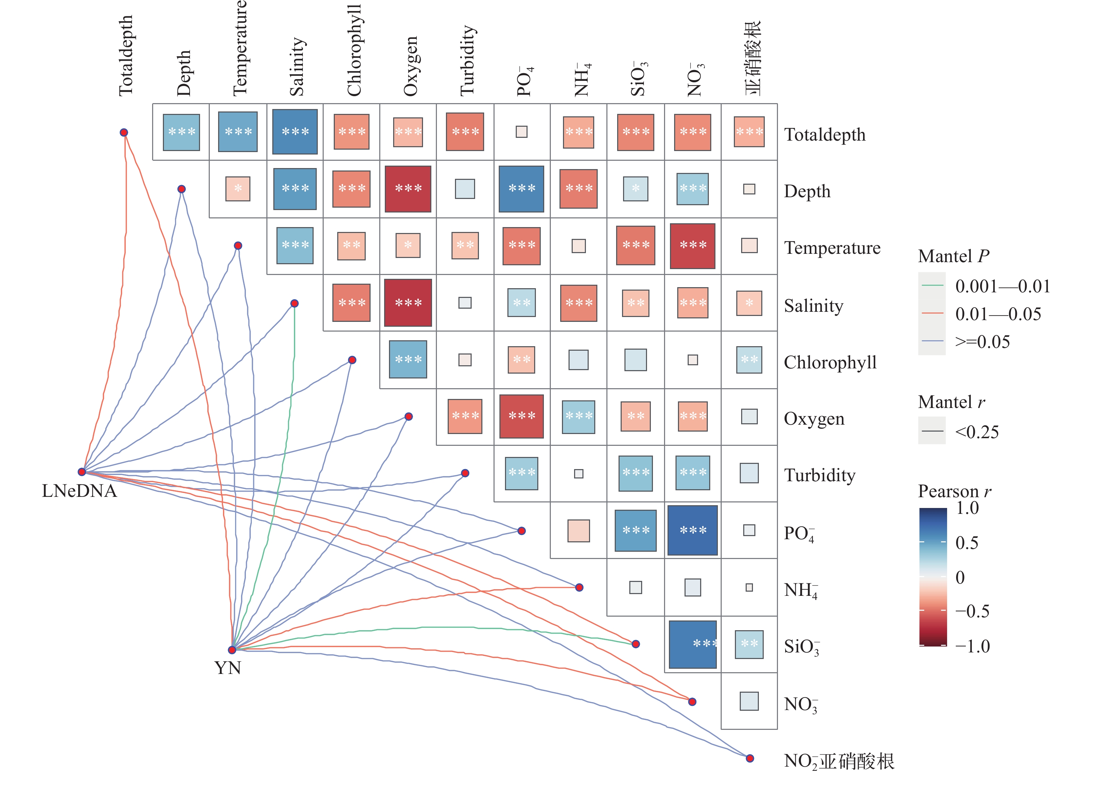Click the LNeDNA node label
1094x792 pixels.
[x=80, y=491]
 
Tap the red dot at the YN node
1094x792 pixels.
[x=232, y=650]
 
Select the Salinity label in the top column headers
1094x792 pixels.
[x=297, y=67]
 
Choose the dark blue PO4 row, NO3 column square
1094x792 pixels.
[x=693, y=531]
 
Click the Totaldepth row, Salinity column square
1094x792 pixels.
[x=295, y=132]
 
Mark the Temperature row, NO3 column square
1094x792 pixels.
[x=693, y=246]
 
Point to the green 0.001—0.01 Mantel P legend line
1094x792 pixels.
[x=933, y=285]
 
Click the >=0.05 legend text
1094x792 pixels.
[x=983, y=342]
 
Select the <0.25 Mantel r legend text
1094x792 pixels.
[x=977, y=432]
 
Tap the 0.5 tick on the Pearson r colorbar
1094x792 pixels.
[x=967, y=543]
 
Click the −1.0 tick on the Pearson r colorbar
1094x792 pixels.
[x=972, y=646]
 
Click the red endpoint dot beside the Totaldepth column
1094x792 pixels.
[x=124, y=133]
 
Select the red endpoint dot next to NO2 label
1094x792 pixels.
[x=749, y=758]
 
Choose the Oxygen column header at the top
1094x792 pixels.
[x=411, y=67]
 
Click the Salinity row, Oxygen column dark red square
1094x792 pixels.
[x=408, y=303]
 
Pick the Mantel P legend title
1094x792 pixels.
[x=953, y=256]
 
